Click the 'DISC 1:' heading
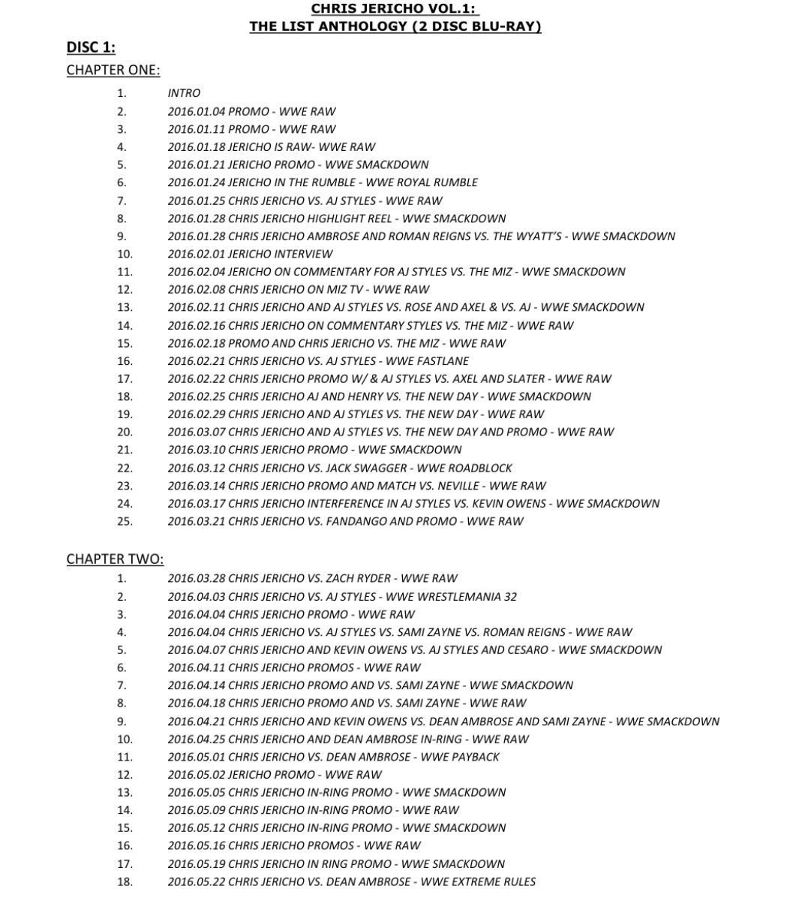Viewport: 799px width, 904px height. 91,47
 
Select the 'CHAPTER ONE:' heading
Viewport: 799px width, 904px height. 113,70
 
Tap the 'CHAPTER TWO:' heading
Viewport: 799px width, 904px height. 114,559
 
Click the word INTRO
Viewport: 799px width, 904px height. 184,93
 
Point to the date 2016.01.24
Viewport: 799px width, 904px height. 196,182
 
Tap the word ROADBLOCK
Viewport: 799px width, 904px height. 480,468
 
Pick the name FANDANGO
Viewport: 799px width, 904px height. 357,521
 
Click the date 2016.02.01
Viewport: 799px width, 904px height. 196,254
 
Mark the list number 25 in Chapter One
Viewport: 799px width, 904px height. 125,521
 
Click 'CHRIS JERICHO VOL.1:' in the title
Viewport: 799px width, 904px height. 395,9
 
